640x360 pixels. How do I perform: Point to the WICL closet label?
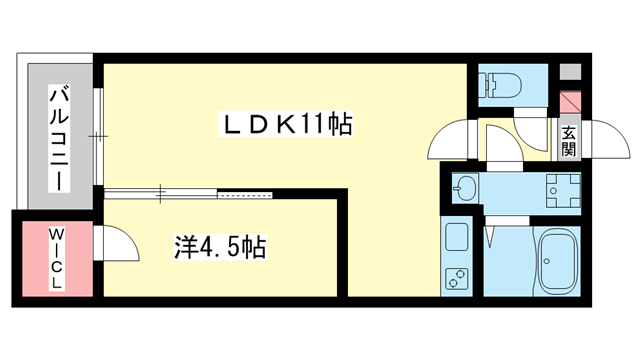click(57, 257)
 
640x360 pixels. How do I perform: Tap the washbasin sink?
click(466, 188)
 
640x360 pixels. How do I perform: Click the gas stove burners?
click(458, 279)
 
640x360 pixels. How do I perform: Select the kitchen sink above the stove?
click(458, 239)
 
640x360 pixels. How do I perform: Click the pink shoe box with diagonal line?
click(569, 102)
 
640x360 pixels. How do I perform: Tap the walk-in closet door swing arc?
click(113, 243)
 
